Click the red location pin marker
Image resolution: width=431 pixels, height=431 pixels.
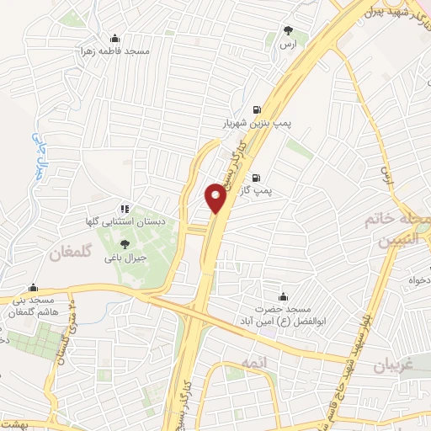(215, 198)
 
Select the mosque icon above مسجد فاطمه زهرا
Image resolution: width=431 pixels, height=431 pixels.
(115, 39)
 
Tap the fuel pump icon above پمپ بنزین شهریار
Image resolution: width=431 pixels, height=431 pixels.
(257, 109)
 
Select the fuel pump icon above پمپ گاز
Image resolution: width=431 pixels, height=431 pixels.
(257, 178)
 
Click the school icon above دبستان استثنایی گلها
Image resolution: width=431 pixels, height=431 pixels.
(125, 208)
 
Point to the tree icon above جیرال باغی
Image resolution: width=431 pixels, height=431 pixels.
(125, 244)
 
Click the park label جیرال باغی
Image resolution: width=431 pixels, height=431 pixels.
(125, 258)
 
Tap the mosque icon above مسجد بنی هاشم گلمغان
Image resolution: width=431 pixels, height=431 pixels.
(32, 286)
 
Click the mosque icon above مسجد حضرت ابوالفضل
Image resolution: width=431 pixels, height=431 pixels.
(283, 295)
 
